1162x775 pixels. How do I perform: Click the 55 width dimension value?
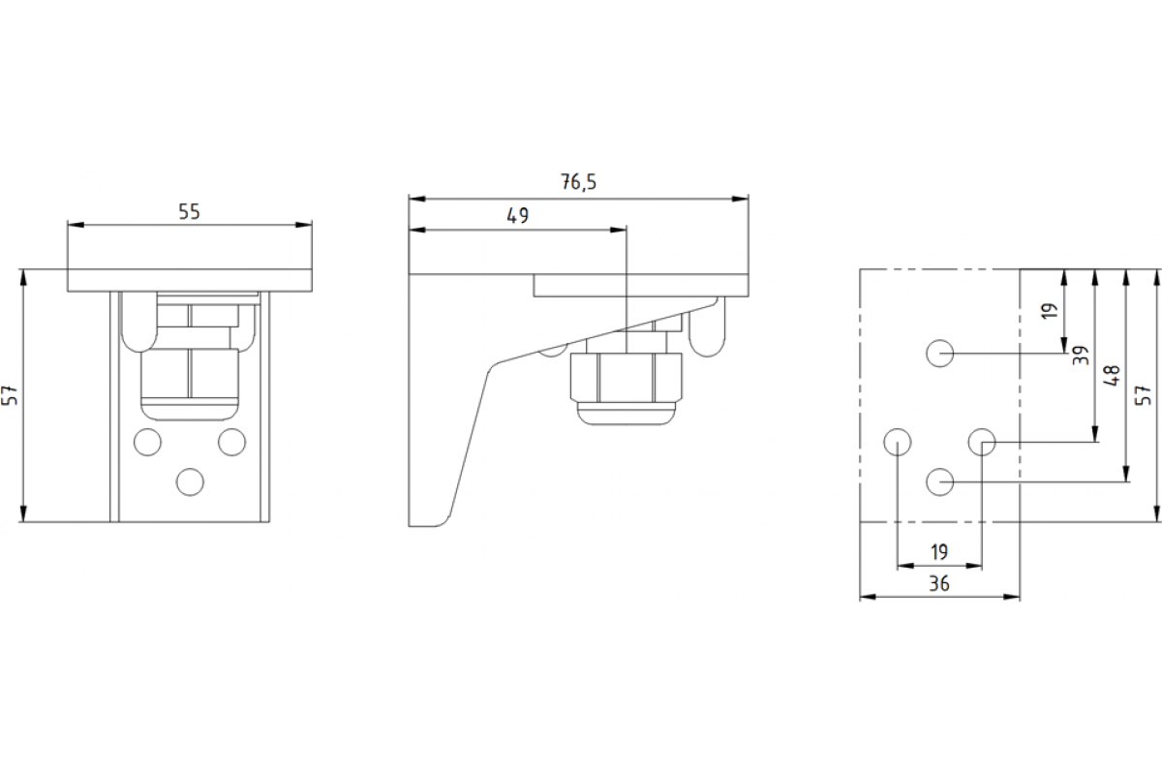pyautogui.click(x=189, y=212)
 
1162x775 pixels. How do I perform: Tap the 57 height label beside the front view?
pyautogui.click(x=10, y=394)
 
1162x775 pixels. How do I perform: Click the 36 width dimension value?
pyautogui.click(x=938, y=583)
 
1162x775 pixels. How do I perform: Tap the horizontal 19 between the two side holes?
pyautogui.click(x=938, y=552)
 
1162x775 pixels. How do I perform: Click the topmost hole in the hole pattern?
pyautogui.click(x=939, y=354)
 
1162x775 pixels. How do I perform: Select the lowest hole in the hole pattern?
pyautogui.click(x=939, y=481)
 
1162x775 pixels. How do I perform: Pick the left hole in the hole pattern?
pyautogui.click(x=898, y=443)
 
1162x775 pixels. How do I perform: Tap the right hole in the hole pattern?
pyautogui.click(x=982, y=443)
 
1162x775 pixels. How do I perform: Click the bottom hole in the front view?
pyautogui.click(x=190, y=480)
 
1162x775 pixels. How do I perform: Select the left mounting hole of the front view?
pyautogui.click(x=147, y=442)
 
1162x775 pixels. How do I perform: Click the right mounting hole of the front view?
pyautogui.click(x=231, y=442)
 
